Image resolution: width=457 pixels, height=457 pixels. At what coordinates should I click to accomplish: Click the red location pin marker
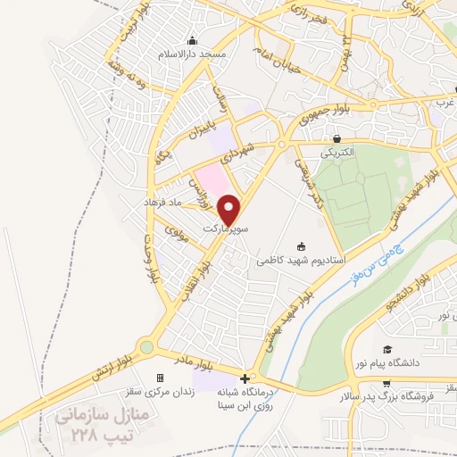click(231, 210)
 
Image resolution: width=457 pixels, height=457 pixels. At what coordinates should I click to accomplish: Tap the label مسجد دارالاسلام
click(191, 54)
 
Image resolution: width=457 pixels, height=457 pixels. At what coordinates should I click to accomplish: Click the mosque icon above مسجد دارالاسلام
click(192, 40)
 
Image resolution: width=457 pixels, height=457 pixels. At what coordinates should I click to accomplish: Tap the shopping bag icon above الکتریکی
click(337, 138)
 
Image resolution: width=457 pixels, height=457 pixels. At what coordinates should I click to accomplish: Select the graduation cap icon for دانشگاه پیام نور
click(387, 348)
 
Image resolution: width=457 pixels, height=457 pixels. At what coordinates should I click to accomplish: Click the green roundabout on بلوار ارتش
click(145, 347)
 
